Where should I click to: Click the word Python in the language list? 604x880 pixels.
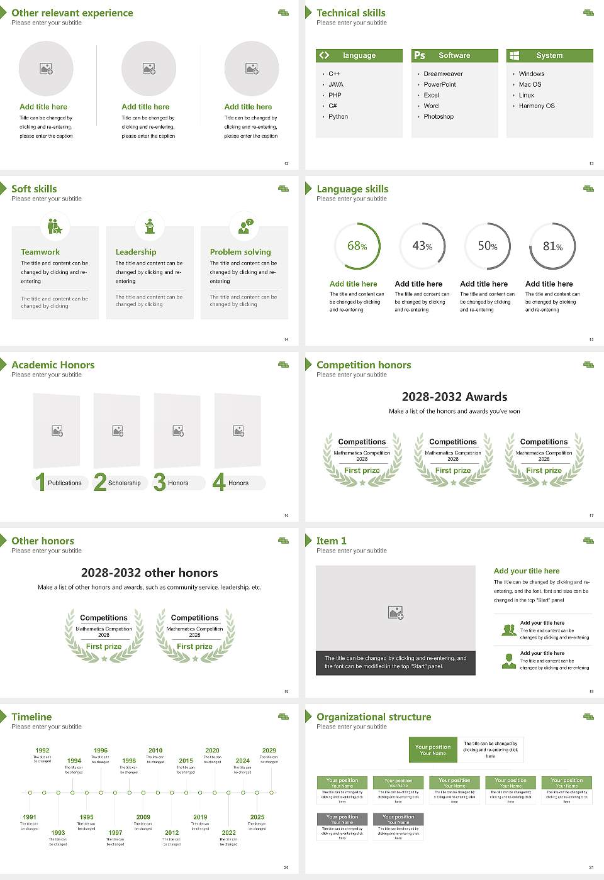click(x=338, y=117)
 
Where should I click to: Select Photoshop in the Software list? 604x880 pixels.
click(x=439, y=117)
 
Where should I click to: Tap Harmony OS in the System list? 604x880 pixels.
click(x=537, y=106)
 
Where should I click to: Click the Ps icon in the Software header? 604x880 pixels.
click(x=420, y=55)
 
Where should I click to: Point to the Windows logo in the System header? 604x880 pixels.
click(x=514, y=55)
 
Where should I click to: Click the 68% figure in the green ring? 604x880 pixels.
click(x=357, y=246)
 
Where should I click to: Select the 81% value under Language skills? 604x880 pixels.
click(x=552, y=246)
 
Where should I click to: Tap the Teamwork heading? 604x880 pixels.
click(x=40, y=252)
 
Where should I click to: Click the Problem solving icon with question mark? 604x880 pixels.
click(x=244, y=226)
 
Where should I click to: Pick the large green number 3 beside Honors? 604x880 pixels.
click(x=160, y=482)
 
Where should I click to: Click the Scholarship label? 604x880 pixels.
click(x=124, y=483)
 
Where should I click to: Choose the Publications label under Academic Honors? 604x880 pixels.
click(x=65, y=483)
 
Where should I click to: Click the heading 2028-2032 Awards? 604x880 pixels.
click(x=454, y=397)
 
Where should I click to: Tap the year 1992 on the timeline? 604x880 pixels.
click(x=42, y=751)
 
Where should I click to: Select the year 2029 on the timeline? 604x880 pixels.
click(x=269, y=751)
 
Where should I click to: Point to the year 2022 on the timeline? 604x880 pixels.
click(x=228, y=833)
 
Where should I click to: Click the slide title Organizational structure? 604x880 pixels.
click(x=374, y=717)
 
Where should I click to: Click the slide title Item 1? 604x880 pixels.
click(x=331, y=541)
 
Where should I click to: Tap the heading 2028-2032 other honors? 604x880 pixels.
click(x=149, y=573)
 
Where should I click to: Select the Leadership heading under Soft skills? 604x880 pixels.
click(x=136, y=252)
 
